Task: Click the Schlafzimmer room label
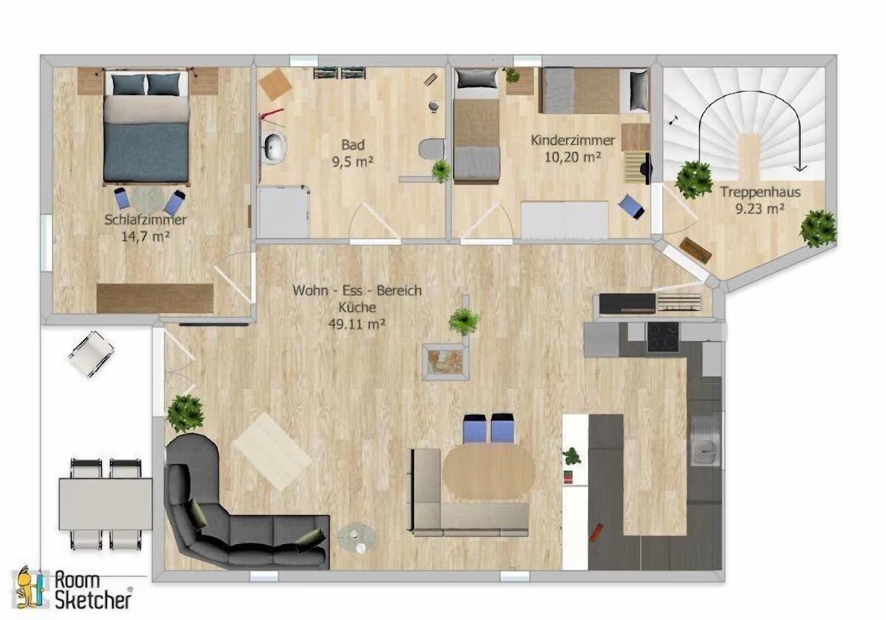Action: (x=145, y=220)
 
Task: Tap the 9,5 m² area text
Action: (x=353, y=162)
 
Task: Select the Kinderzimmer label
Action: (x=573, y=140)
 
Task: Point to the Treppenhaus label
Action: (x=760, y=192)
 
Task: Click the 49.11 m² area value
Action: (x=357, y=324)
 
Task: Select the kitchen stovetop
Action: (x=663, y=337)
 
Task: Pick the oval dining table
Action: (x=489, y=472)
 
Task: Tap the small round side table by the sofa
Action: (x=357, y=538)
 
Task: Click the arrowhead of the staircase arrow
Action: (x=800, y=168)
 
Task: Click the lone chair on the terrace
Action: (x=92, y=354)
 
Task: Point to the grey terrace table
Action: (x=106, y=503)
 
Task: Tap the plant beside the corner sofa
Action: (x=185, y=413)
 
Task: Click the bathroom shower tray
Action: (x=283, y=213)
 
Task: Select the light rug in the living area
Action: (x=272, y=452)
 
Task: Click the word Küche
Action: (x=357, y=307)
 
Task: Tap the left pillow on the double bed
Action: (x=128, y=84)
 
